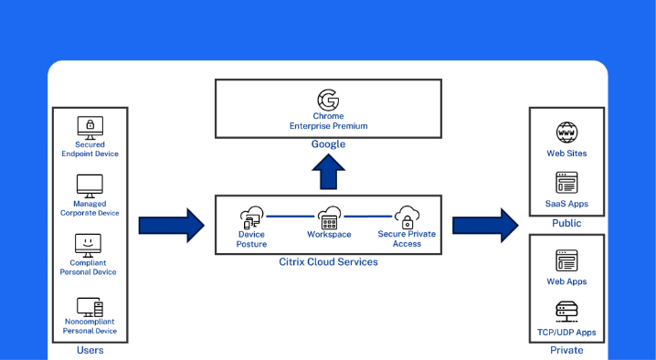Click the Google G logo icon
pos(328,100)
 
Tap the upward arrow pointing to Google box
pos(328,172)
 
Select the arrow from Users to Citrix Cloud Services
pos(172,225)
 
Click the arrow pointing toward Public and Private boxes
pos(485,225)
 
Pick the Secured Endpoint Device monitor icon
pos(90,128)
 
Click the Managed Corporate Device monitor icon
pos(90,186)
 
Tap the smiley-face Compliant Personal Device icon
pos(88,246)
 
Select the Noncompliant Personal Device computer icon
pos(90,307)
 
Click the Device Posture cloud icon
pos(252,217)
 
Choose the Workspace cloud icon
pos(329,217)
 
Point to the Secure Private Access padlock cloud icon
pos(407,217)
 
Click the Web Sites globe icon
pos(566,132)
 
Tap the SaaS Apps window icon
pos(566,183)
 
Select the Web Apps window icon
pos(566,260)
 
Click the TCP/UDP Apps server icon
pos(566,312)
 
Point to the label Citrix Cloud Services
pos(328,262)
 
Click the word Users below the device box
pos(90,350)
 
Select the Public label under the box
pos(566,223)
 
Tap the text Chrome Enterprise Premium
pos(328,121)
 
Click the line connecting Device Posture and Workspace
pos(291,217)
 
